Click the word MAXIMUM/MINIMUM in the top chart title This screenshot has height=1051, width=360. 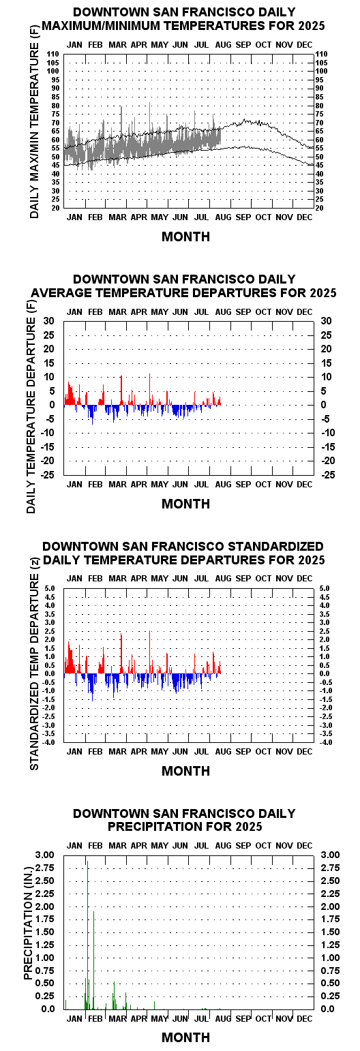pyautogui.click(x=102, y=26)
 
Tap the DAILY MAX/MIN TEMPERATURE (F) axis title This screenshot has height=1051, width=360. pyautogui.click(x=34, y=130)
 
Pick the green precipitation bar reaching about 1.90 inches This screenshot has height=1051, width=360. pyautogui.click(x=94, y=960)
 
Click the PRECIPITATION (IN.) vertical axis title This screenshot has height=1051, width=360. pyautogui.click(x=28, y=924)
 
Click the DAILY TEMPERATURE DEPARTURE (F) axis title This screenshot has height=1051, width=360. pyautogui.click(x=31, y=415)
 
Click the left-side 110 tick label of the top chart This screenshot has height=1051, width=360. pyautogui.click(x=52, y=55)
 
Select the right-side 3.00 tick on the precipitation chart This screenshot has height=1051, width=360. pyautogui.click(x=331, y=855)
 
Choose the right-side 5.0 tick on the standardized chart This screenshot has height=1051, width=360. pyautogui.click(x=325, y=588)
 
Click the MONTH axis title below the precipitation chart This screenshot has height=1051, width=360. pyautogui.click(x=186, y=1037)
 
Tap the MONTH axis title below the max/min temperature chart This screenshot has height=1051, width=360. pyautogui.click(x=186, y=237)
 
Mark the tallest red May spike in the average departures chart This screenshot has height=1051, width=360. pyautogui.click(x=150, y=389)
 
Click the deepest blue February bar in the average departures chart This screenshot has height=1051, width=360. pyautogui.click(x=93, y=414)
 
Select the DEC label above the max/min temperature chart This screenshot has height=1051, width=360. pyautogui.click(x=305, y=45)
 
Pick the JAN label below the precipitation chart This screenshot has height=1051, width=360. pyautogui.click(x=74, y=1019)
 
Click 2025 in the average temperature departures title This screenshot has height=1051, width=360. pyautogui.click(x=322, y=293)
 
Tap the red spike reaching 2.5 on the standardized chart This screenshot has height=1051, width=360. pyautogui.click(x=150, y=652)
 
